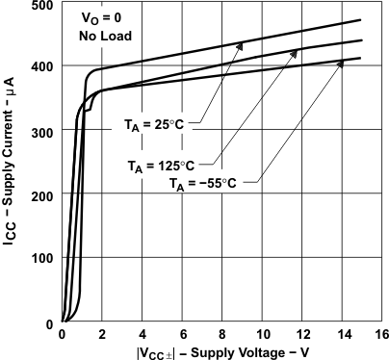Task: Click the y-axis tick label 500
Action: [x=41, y=6]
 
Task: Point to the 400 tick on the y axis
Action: [x=41, y=67]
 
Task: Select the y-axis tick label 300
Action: [x=41, y=131]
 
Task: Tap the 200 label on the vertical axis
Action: [x=41, y=195]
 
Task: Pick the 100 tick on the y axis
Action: [x=41, y=259]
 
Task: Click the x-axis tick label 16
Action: [x=381, y=334]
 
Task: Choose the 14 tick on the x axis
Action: [x=342, y=334]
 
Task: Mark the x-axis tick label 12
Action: [x=301, y=334]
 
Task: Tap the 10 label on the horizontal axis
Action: [x=261, y=334]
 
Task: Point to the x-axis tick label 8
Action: [x=222, y=334]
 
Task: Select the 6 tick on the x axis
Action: [x=182, y=334]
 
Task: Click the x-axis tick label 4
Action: [x=142, y=334]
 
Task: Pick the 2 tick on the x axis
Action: [x=102, y=334]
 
